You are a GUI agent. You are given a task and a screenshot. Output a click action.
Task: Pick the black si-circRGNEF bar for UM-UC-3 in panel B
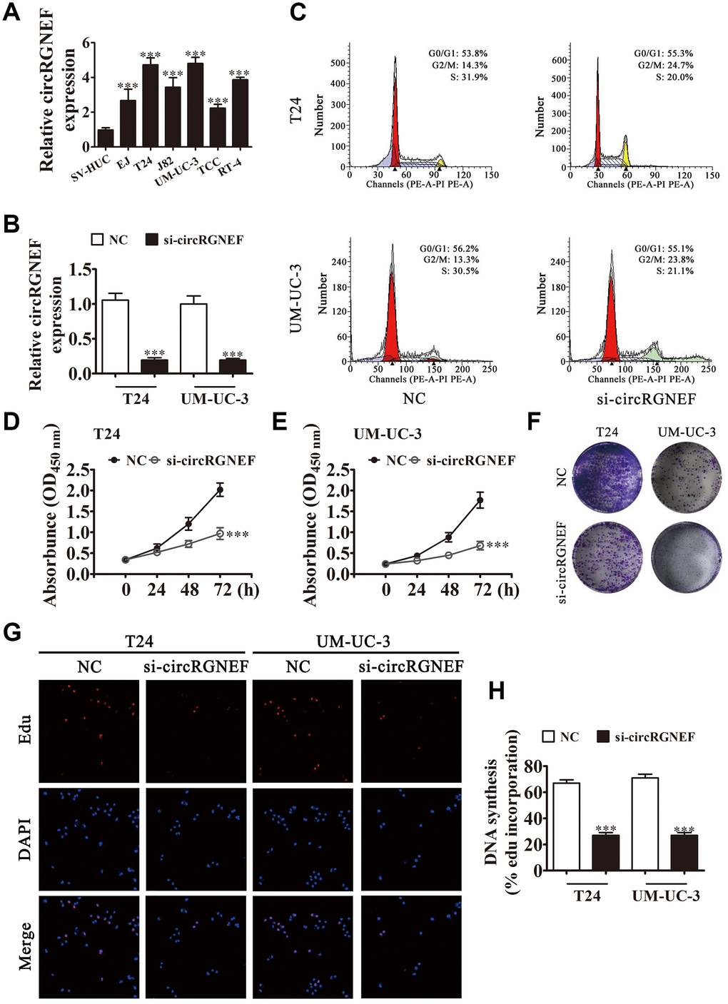[232, 366]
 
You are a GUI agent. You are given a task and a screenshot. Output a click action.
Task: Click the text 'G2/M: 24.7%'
[665, 65]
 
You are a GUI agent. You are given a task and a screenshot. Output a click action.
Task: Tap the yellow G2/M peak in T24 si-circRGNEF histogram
[626, 152]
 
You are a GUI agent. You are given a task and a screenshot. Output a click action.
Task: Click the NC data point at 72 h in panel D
[220, 490]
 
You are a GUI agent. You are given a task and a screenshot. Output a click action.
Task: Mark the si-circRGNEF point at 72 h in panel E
[480, 545]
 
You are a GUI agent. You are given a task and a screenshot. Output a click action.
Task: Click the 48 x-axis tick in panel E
[449, 589]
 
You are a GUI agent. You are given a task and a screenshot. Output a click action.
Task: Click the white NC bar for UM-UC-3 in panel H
[644, 823]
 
